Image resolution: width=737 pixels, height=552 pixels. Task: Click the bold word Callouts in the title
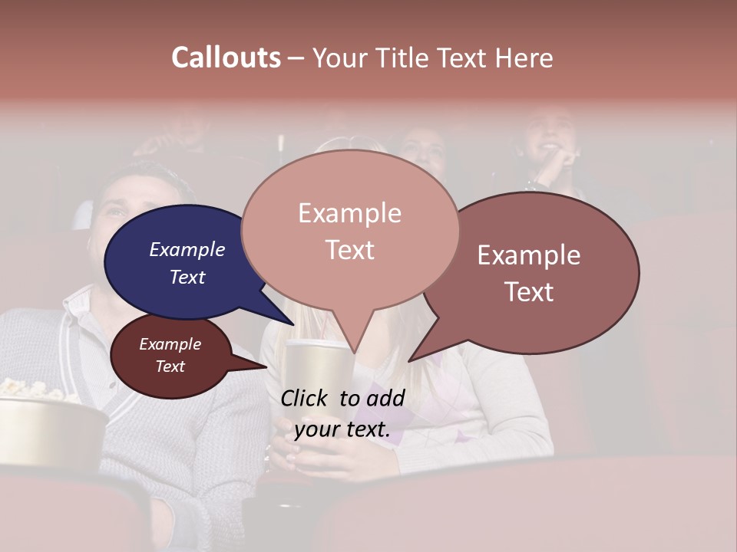[226, 58]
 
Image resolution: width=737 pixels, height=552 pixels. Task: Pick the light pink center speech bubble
[350, 230]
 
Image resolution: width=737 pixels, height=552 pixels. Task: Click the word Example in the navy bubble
[187, 250]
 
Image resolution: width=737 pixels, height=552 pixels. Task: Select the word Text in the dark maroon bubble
[170, 366]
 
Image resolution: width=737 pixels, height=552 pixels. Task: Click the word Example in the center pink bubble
[350, 213]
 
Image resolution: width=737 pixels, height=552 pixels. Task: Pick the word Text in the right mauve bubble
[529, 292]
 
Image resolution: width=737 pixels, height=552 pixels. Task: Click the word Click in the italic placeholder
[306, 398]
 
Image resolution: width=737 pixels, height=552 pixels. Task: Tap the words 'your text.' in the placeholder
[342, 429]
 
